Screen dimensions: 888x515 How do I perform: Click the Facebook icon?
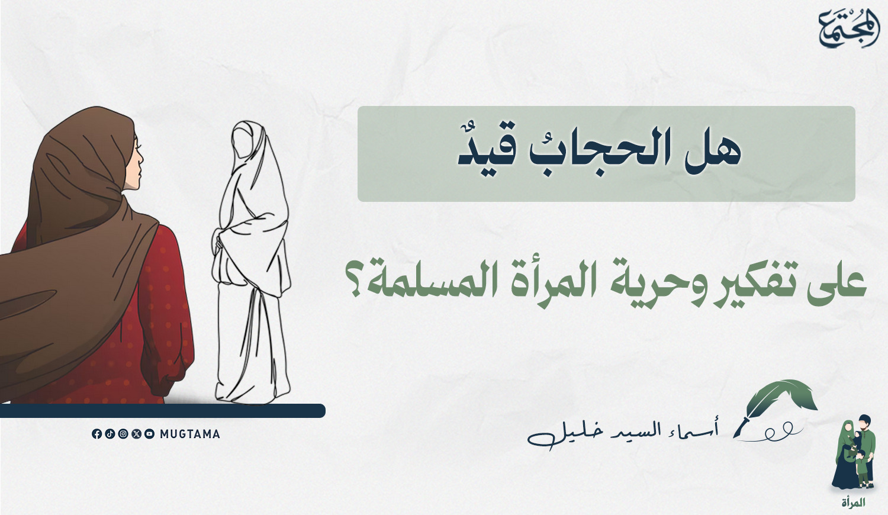click(x=96, y=434)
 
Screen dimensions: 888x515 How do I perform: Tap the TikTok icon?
click(x=110, y=434)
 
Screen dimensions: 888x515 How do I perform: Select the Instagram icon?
click(x=123, y=434)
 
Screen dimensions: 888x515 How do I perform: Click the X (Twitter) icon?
click(x=136, y=434)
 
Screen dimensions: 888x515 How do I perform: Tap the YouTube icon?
click(x=149, y=434)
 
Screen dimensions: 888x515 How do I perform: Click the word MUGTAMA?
click(x=190, y=434)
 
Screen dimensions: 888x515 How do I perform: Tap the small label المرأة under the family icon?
click(x=854, y=503)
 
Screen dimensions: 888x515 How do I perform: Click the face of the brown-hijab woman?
click(x=136, y=163)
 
